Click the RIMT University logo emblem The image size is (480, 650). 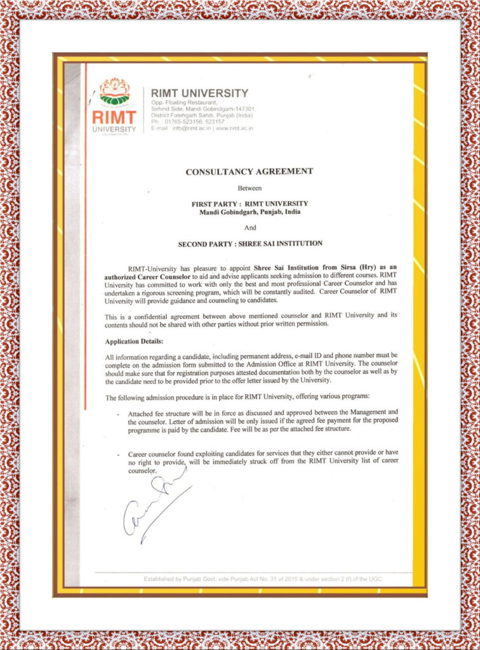click(115, 93)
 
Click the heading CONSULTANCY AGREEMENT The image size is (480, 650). click(250, 171)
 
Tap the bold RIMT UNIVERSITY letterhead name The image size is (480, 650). click(199, 93)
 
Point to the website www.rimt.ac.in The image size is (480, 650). click(234, 128)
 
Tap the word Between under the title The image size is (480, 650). click(250, 189)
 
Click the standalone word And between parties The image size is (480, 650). click(250, 227)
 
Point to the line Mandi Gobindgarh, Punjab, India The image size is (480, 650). click(250, 211)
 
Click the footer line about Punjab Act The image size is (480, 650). click(262, 579)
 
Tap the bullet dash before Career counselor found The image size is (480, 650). click(119, 455)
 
